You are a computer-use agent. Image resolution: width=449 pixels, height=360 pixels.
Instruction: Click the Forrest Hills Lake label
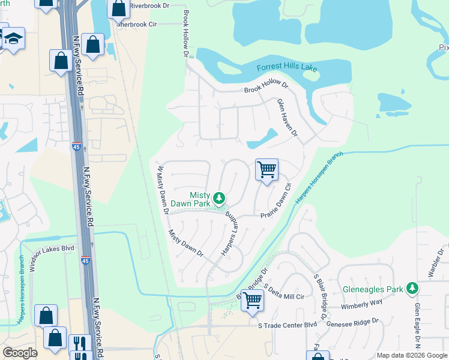[287, 68]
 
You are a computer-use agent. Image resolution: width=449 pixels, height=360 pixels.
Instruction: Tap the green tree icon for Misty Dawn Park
[220, 197]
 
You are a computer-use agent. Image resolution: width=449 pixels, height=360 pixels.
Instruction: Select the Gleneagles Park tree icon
[412, 289]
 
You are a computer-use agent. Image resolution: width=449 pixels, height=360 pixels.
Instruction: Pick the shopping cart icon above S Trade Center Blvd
[253, 299]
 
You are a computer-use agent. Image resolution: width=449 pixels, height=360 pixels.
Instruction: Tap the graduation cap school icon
[13, 38]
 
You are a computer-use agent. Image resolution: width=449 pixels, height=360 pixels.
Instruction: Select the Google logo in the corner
[20, 353]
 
